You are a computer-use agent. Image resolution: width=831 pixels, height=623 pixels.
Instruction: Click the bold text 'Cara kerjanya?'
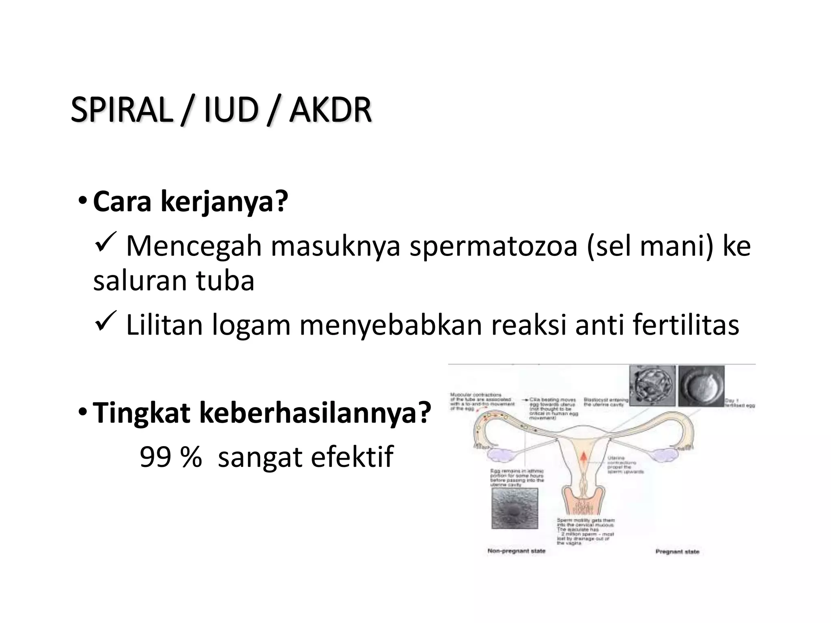click(190, 201)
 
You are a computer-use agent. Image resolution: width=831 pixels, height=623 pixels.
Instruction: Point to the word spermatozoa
click(493, 246)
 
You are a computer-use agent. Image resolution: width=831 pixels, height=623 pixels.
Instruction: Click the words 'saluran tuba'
click(174, 281)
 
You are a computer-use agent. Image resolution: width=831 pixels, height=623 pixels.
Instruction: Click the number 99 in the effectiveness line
click(155, 457)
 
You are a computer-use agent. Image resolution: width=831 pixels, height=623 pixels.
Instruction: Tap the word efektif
click(352, 457)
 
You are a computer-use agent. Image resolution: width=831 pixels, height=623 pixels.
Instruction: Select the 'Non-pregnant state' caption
click(516, 551)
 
